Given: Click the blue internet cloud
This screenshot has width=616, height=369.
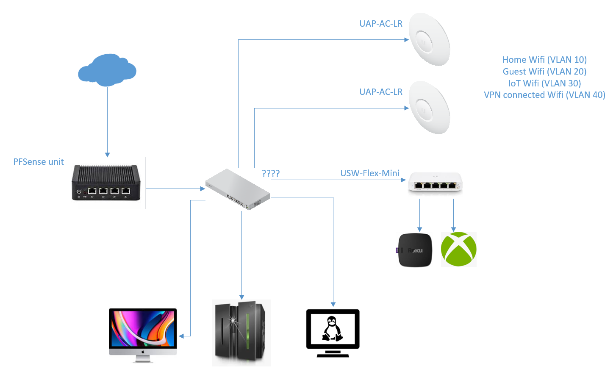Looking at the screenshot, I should point(107,69).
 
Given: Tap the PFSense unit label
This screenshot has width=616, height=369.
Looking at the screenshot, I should point(39,162).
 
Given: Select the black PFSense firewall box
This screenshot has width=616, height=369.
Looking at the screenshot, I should point(106,183).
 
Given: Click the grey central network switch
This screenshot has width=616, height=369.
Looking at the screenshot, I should point(238,189).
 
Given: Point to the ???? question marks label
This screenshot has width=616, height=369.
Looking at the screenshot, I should point(271,173).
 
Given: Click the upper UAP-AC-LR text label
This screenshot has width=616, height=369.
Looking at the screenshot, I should point(381,24).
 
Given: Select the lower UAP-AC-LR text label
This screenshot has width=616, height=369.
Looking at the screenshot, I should point(381,92).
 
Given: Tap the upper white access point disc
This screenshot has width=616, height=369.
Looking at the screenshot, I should point(429,39).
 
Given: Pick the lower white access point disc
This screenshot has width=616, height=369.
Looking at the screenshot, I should point(429,108).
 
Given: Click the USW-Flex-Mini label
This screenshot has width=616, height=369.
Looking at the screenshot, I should point(370,173).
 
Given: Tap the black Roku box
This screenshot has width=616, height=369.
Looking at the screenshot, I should point(415,250).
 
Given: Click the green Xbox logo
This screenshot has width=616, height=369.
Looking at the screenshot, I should point(458,249).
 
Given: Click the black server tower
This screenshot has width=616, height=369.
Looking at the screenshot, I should point(241,333).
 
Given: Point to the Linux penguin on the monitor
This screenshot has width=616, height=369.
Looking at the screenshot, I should point(333,329).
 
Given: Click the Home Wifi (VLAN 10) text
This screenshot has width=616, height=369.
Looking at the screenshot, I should point(544,60).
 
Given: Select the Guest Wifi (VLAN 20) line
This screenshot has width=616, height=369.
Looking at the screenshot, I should point(544,72).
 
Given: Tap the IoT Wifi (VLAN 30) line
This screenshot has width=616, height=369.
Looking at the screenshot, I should point(544,83).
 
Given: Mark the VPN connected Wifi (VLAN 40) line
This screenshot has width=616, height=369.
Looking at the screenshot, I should point(544,95).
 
